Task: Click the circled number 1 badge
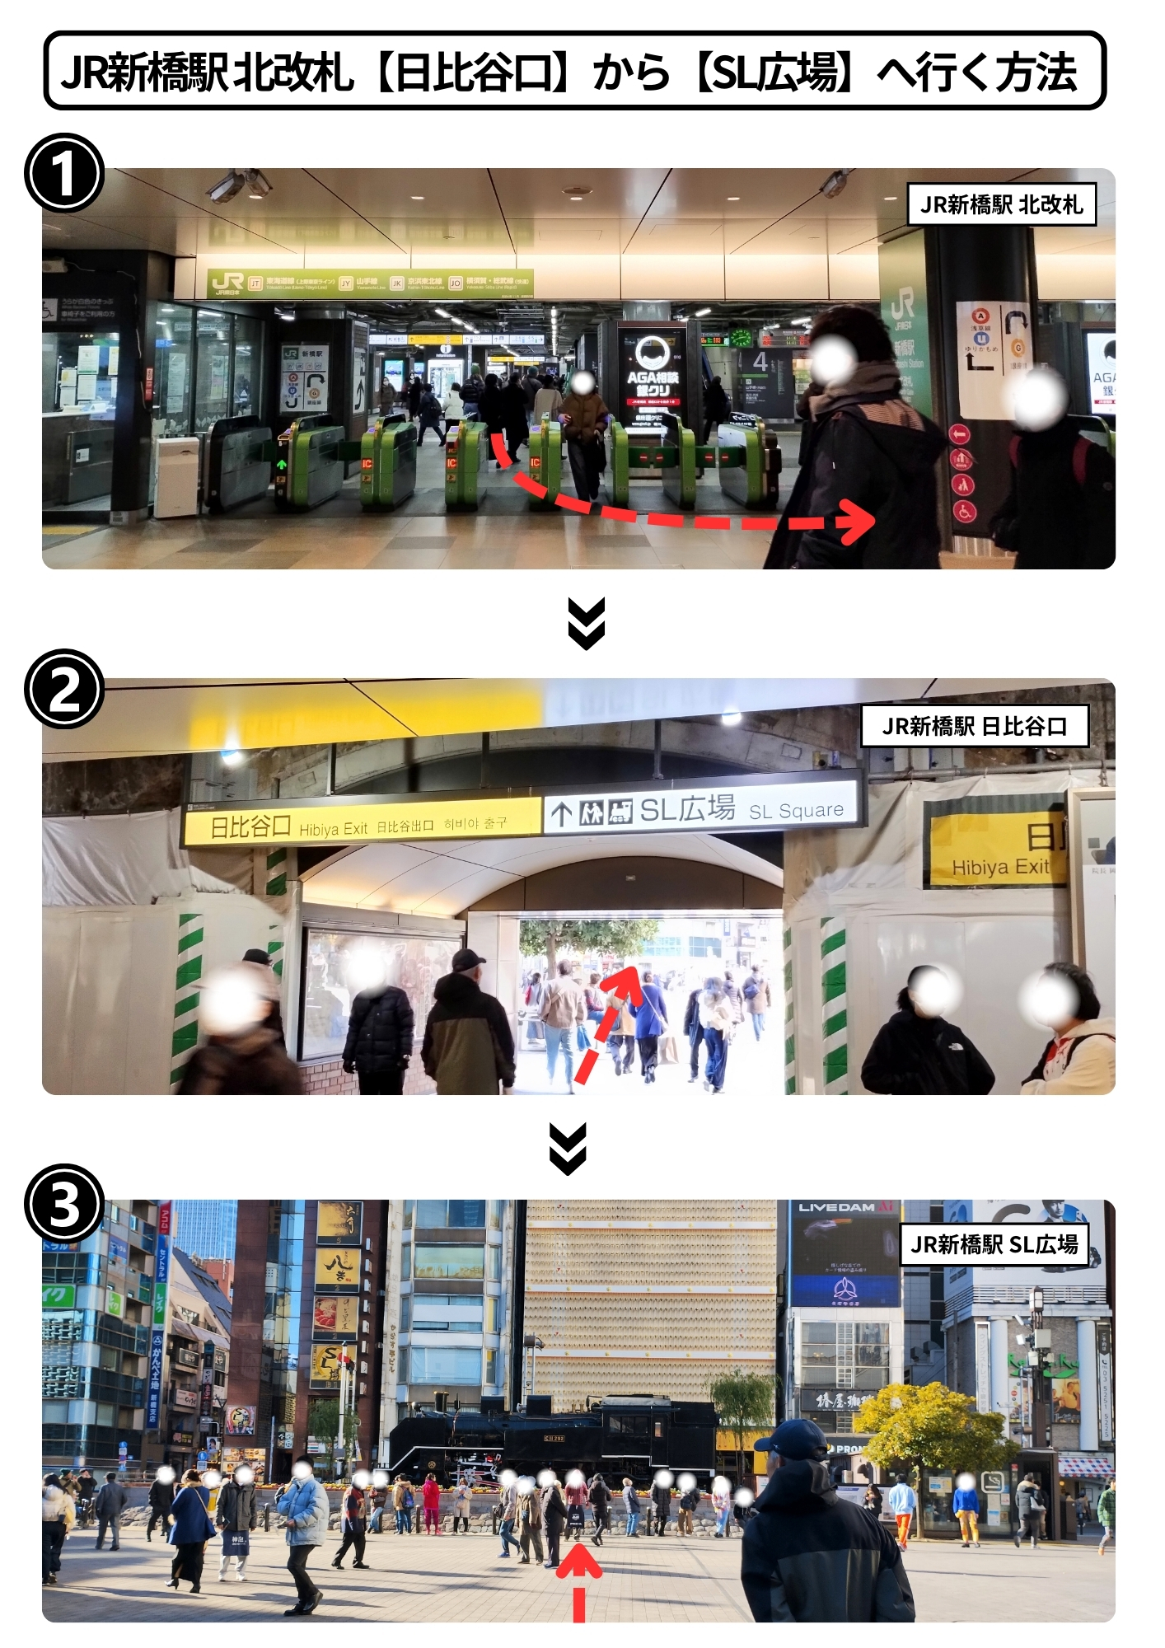(x=64, y=174)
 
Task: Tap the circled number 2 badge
(x=64, y=689)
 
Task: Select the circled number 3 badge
(x=64, y=1204)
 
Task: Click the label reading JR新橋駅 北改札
(x=1001, y=204)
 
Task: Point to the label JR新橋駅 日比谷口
(x=974, y=726)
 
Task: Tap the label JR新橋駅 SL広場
(x=994, y=1244)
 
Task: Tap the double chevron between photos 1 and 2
(x=587, y=623)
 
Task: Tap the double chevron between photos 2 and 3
(x=568, y=1148)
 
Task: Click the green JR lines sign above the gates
(x=370, y=283)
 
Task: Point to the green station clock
(x=741, y=337)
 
